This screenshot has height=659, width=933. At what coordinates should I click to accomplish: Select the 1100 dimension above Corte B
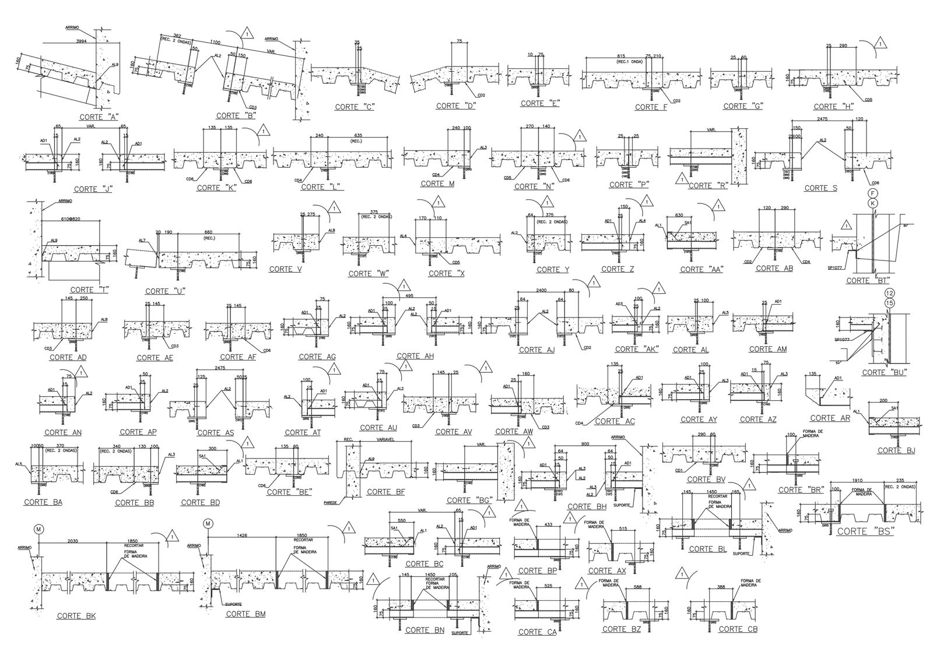tap(215, 43)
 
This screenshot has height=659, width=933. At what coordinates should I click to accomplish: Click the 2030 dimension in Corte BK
tap(73, 540)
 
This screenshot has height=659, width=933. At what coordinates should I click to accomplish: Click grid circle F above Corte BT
tap(872, 193)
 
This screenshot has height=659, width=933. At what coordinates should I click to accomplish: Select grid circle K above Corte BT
tap(872, 203)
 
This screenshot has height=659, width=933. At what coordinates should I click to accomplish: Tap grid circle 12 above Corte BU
tap(889, 293)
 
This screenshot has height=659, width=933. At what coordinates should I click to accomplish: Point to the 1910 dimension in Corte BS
tap(856, 481)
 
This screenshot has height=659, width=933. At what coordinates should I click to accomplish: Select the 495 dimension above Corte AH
tap(410, 296)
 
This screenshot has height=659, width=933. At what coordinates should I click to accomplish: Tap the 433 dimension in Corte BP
tap(548, 525)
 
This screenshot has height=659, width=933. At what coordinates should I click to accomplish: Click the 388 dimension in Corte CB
tap(721, 587)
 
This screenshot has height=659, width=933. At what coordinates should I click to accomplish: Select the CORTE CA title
tap(531, 632)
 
